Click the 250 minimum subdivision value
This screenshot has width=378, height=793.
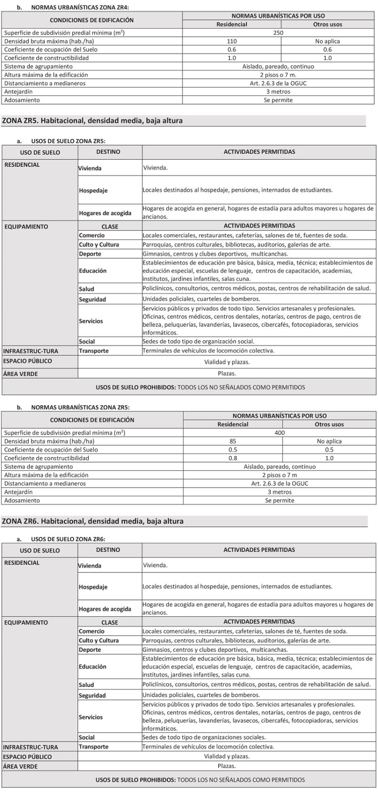pyautogui.click(x=279, y=32)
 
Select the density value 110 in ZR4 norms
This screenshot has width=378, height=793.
pyautogui.click(x=232, y=41)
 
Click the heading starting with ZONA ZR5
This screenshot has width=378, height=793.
pyautogui.click(x=93, y=121)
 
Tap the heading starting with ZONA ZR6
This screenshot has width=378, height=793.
pyautogui.click(x=93, y=521)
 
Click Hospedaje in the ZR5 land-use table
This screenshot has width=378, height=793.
pyautogui.click(x=93, y=191)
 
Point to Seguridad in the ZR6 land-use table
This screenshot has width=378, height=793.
pyautogui.click(x=92, y=695)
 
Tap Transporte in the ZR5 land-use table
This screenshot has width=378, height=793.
pyautogui.click(x=94, y=350)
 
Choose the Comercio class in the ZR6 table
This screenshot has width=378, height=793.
pyautogui.click(x=92, y=631)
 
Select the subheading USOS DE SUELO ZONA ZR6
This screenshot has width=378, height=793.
pyautogui.click(x=68, y=539)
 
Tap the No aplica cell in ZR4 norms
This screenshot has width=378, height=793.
pyautogui.click(x=328, y=41)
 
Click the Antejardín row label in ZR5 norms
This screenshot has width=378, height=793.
pyautogui.click(x=18, y=492)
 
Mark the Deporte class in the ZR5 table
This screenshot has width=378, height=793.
pyautogui.click(x=90, y=253)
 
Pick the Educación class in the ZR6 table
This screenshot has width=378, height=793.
pyautogui.click(x=92, y=666)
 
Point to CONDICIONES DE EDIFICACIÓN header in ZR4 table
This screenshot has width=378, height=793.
pyautogui.click(x=92, y=20)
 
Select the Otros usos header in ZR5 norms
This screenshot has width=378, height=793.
pyautogui.click(x=329, y=424)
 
